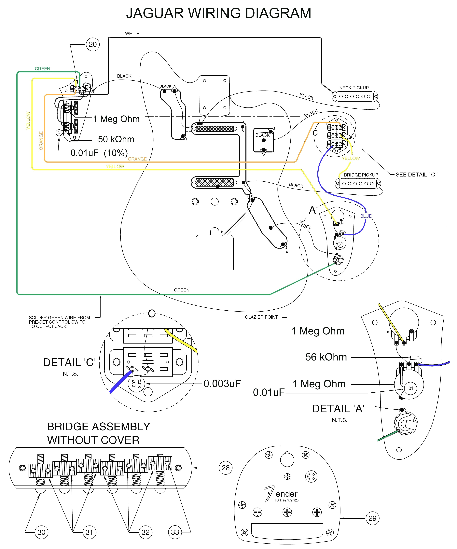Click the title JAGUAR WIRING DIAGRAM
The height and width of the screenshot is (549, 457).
tap(219, 13)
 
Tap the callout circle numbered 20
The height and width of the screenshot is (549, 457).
tap(93, 44)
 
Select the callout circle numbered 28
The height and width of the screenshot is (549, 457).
tap(225, 468)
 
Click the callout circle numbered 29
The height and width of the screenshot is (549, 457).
tap(372, 518)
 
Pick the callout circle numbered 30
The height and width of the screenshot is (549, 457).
tap(41, 532)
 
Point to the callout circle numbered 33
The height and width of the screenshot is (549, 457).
tap(175, 532)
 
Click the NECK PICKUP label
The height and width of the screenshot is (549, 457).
tap(354, 88)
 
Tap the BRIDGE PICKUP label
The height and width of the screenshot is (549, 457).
tap(361, 175)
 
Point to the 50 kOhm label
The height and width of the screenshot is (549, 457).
tap(116, 139)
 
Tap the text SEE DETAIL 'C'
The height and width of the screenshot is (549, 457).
tap(416, 175)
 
